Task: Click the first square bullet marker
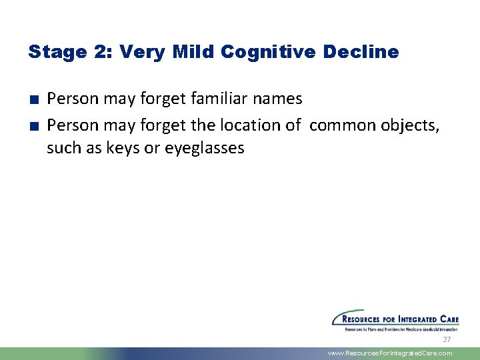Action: point(33,100)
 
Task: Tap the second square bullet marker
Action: point(33,125)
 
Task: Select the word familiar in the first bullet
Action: point(219,99)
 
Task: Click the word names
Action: point(277,99)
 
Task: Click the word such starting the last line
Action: point(63,148)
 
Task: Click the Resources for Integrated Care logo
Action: point(395,320)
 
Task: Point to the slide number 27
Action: point(447,339)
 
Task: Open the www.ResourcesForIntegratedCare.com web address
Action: point(390,353)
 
